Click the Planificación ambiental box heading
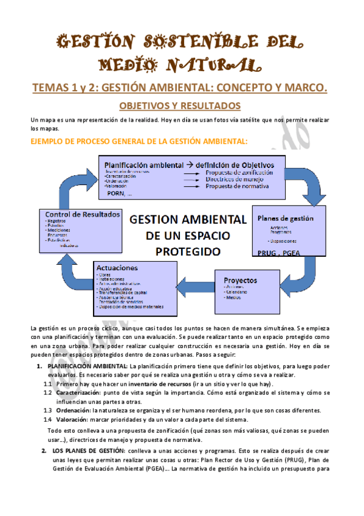tap(189, 164)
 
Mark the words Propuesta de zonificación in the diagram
tap(239, 173)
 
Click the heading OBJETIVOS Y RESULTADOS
tap(180, 105)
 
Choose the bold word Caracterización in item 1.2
tap(75, 392)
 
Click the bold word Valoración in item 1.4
tap(70, 419)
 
